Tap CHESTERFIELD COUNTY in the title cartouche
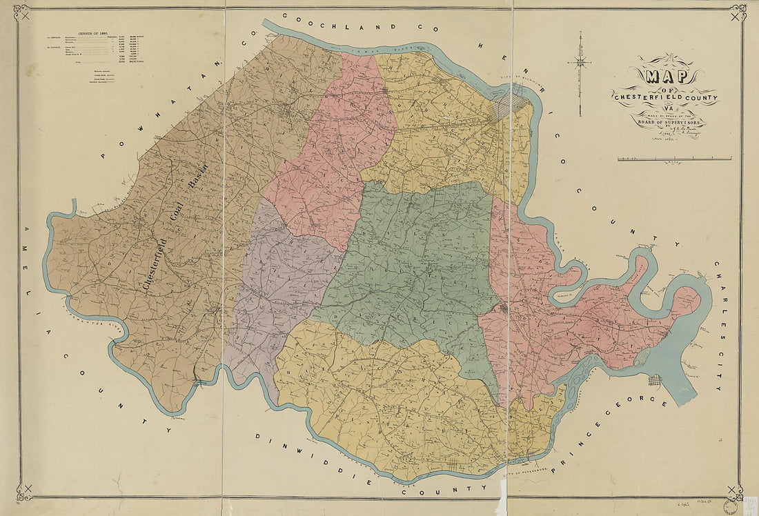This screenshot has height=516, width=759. (x=664, y=97)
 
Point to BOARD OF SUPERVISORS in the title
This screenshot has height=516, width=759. (x=671, y=124)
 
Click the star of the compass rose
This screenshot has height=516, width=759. (x=581, y=63)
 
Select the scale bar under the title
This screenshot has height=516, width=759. (x=674, y=159)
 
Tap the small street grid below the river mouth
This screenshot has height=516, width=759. (x=654, y=379)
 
